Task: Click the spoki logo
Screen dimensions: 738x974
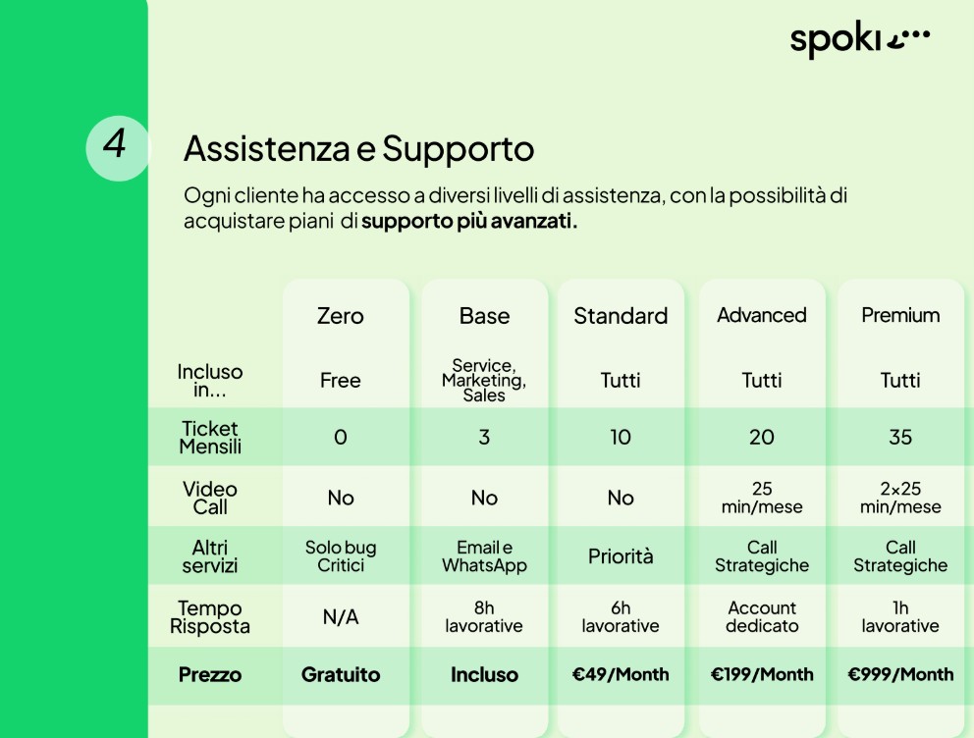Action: [860, 41]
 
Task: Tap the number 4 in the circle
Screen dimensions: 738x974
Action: [116, 144]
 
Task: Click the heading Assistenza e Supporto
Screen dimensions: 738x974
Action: [358, 148]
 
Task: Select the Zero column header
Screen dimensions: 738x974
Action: [340, 316]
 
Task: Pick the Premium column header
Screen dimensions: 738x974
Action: [900, 315]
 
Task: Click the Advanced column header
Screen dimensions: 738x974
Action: [761, 315]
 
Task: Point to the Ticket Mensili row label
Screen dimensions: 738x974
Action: [209, 438]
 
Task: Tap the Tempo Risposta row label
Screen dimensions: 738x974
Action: [209, 617]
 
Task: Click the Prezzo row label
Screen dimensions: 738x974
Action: [209, 675]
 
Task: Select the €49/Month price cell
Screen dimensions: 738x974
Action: [621, 674]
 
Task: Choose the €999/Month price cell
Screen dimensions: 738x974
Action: [900, 674]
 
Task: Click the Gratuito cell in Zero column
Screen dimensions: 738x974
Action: [340, 675]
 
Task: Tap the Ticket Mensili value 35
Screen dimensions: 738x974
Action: [900, 438]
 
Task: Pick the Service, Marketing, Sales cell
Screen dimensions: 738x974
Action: [484, 381]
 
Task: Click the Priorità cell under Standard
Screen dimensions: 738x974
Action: [621, 556]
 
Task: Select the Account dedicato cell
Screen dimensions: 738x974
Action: [761, 616]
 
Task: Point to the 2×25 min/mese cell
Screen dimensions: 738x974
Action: [900, 498]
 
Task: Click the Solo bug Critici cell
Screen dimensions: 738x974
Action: [340, 556]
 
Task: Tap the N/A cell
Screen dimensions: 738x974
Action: [340, 617]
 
